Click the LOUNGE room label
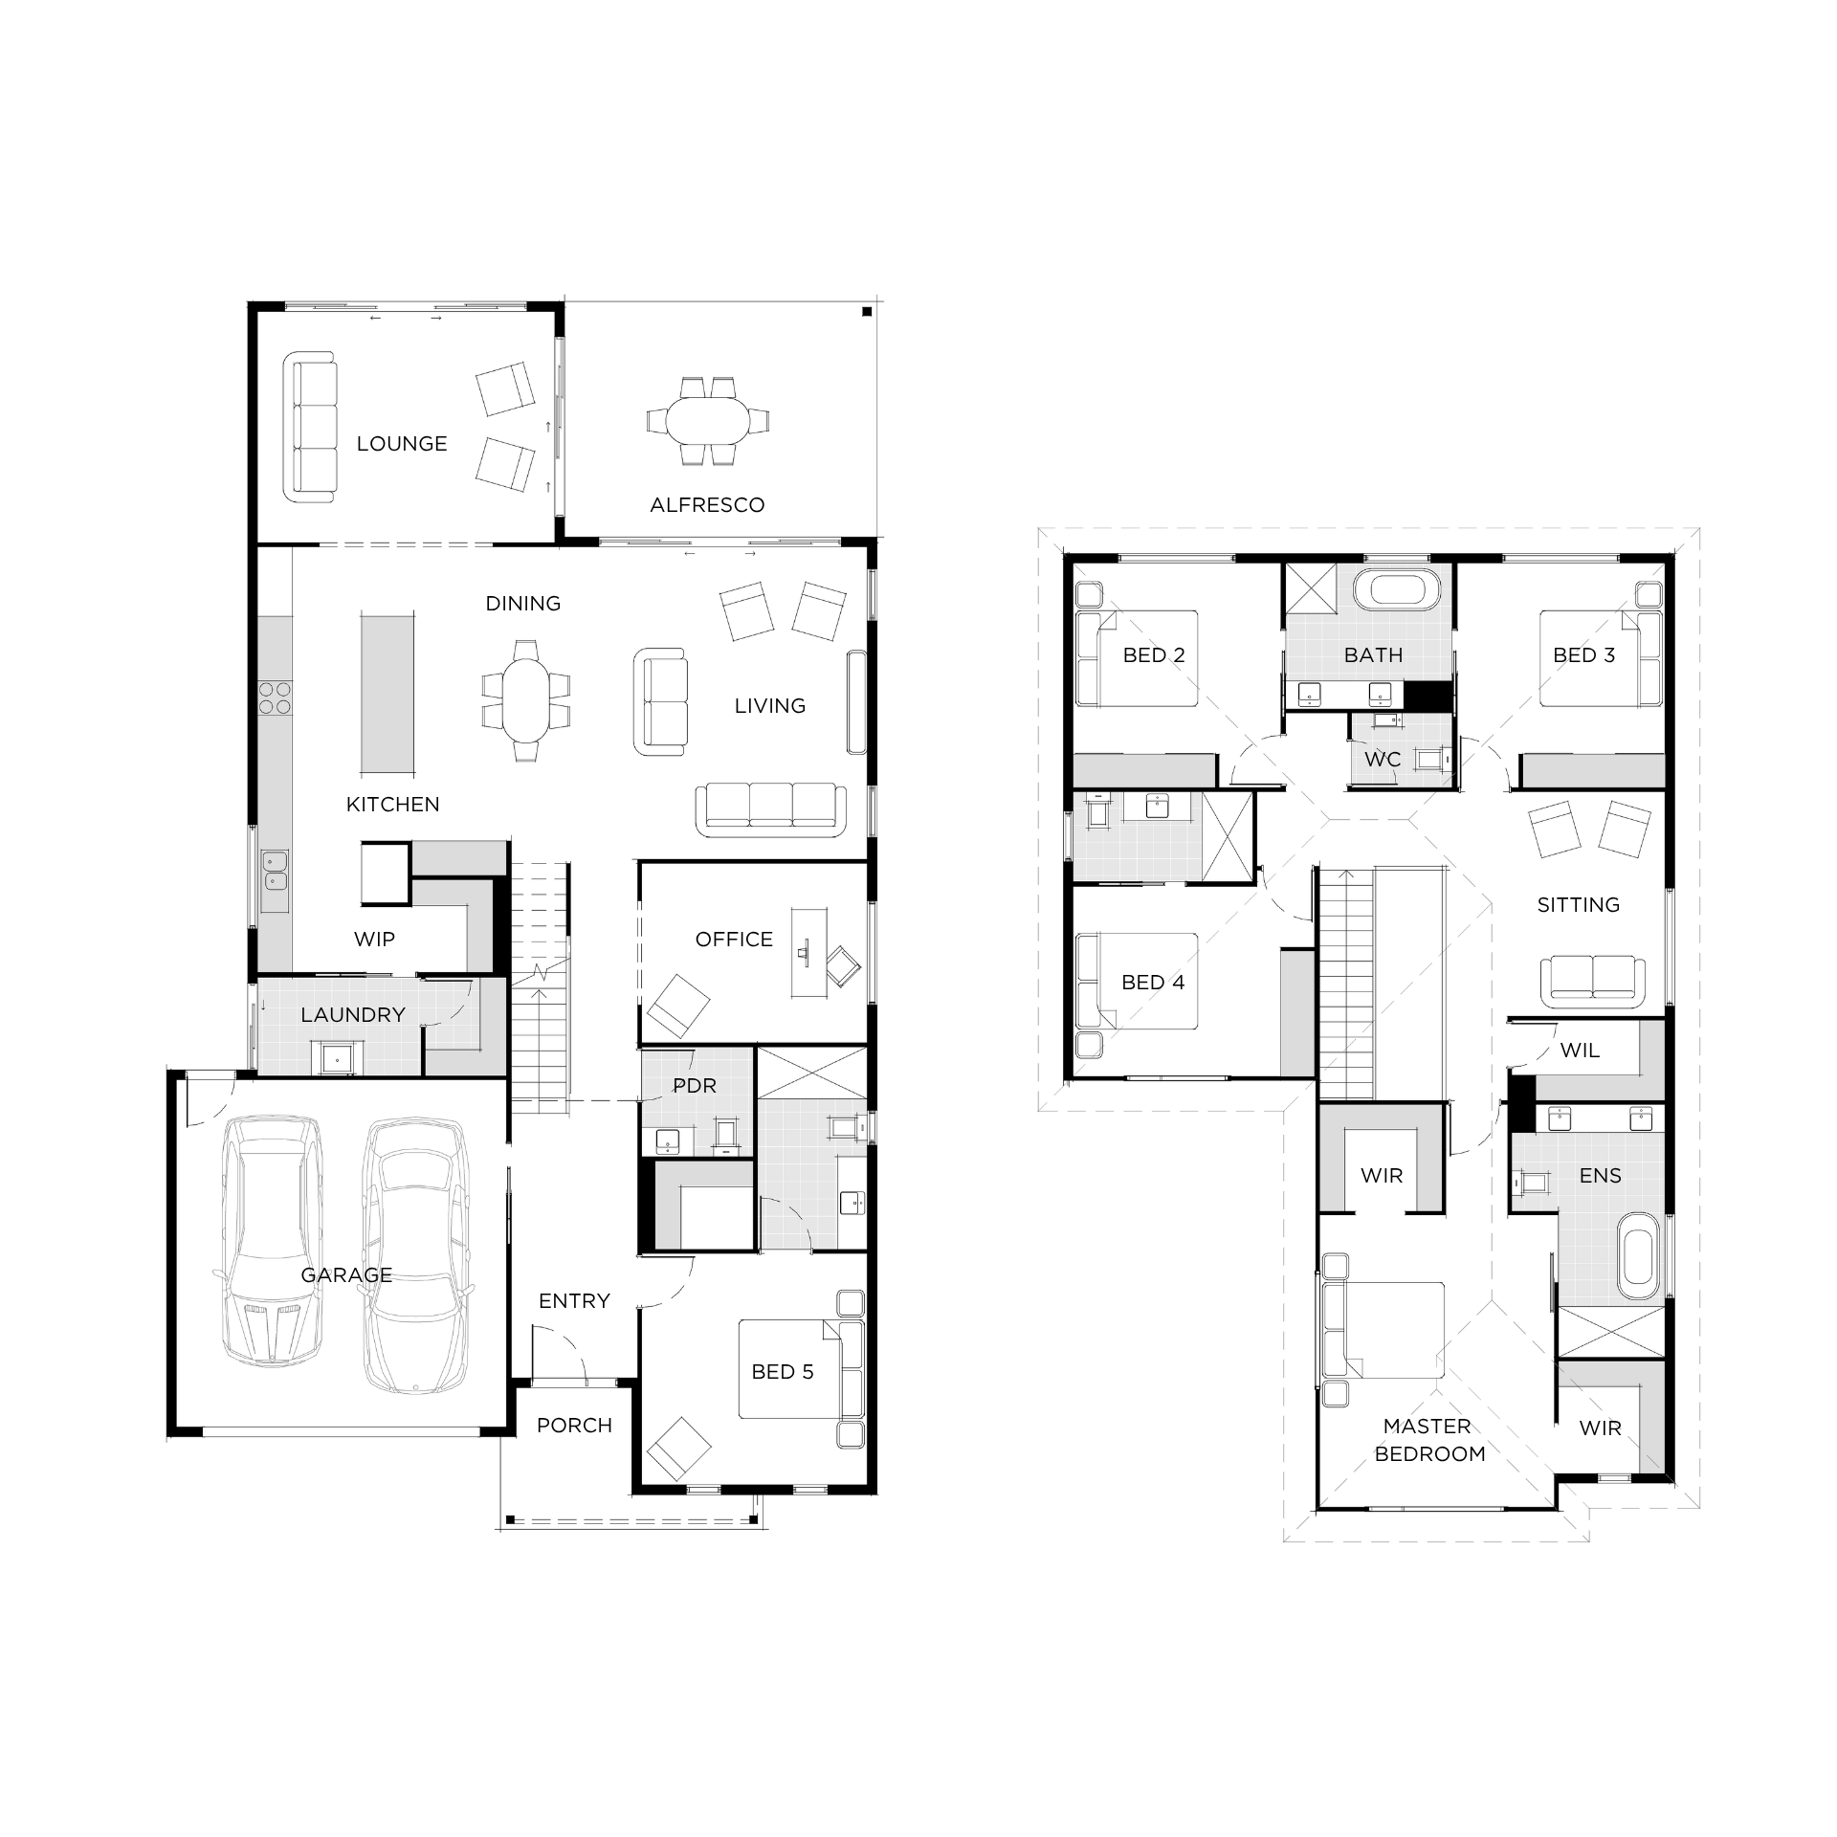(x=402, y=444)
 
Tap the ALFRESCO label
(x=707, y=505)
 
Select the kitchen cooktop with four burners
(x=275, y=697)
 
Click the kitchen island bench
(x=387, y=694)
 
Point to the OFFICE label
(x=734, y=940)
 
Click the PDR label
(x=695, y=1086)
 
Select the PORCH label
(x=574, y=1426)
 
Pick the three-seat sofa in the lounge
(x=310, y=427)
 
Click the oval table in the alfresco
(x=709, y=421)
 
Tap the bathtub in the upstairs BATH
(x=1405, y=588)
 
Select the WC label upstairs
(x=1383, y=760)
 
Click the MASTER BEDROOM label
(x=1429, y=1440)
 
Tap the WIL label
(x=1580, y=1051)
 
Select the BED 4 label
(x=1153, y=983)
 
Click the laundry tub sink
(x=338, y=1057)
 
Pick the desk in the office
(x=809, y=954)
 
